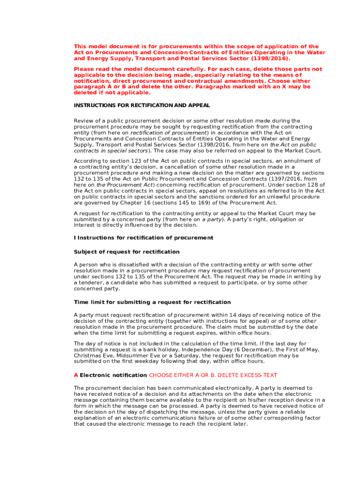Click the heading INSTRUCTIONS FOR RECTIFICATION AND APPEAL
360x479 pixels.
[142, 106]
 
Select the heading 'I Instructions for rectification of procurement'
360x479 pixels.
[144, 238]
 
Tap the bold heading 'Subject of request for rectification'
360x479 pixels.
[126, 252]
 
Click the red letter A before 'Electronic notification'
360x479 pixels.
[76, 375]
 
